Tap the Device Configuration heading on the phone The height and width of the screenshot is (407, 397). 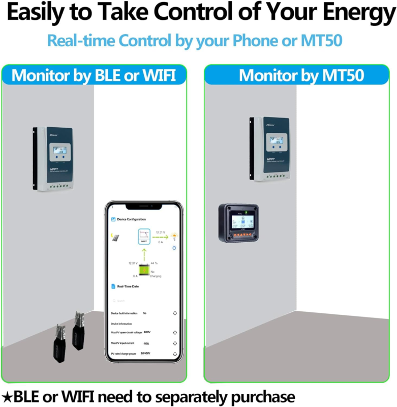point(131,219)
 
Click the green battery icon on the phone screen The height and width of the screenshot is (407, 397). point(144,271)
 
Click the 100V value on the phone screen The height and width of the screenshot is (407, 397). point(147,332)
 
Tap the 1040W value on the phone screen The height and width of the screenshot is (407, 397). point(146,353)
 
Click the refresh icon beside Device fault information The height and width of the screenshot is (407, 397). point(174,313)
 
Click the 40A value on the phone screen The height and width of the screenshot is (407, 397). point(146,343)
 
